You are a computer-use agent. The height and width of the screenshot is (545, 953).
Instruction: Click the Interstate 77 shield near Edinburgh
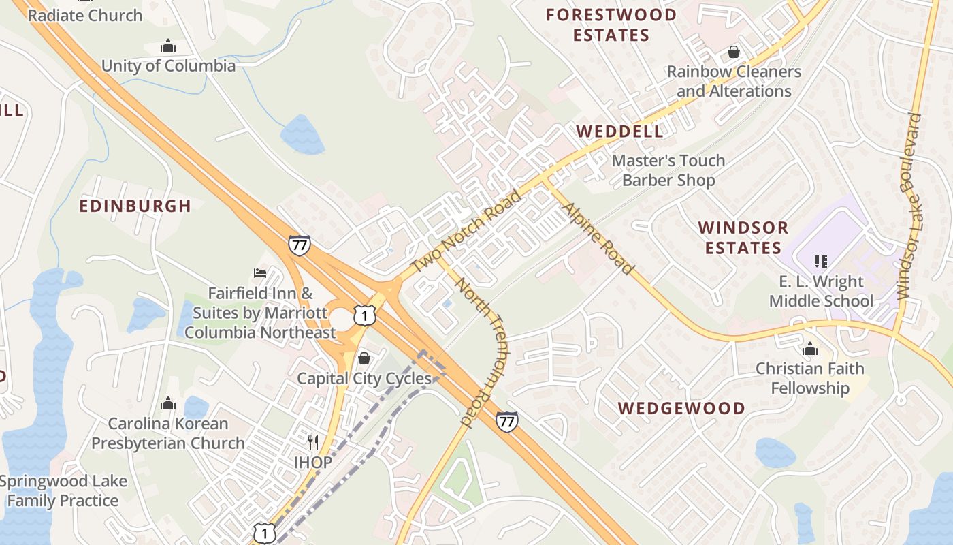pos(299,245)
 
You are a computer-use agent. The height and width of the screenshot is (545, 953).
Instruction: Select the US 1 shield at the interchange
pos(364,315)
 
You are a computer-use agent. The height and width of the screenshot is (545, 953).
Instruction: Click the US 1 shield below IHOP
pos(264,532)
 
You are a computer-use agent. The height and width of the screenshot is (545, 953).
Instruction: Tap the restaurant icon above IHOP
pos(313,443)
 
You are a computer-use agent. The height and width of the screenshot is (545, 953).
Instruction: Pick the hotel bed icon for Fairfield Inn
pos(260,273)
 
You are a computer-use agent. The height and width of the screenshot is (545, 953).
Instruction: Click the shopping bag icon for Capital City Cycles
pos(364,358)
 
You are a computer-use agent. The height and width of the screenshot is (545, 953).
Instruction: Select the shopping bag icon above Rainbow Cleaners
pos(733,52)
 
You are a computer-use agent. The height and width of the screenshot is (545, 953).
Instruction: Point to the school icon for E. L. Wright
pos(820,262)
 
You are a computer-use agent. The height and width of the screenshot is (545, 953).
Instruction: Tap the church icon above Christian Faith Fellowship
pos(809,349)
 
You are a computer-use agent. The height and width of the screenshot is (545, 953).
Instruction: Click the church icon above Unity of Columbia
pos(167,46)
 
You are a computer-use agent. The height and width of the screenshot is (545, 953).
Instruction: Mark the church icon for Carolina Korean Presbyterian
pos(167,404)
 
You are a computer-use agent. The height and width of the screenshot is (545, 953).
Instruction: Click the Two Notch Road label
pos(466,232)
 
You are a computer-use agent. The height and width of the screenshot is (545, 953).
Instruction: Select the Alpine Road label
pos(598,238)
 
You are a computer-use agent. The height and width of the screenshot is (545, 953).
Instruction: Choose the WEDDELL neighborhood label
pos(619,131)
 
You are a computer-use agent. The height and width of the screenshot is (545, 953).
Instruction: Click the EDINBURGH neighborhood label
pos(135,206)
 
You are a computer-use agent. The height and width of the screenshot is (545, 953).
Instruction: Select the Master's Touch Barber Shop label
pos(668,170)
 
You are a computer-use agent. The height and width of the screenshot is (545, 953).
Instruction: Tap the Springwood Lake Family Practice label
pos(63,490)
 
